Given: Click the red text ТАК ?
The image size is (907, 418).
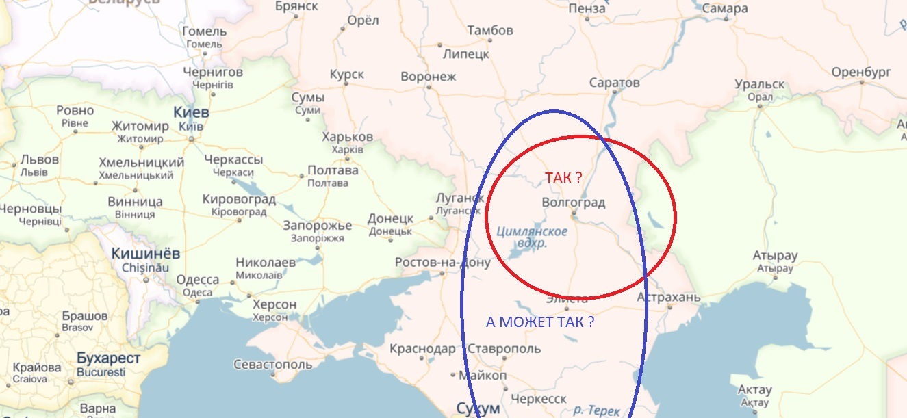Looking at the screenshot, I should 563,178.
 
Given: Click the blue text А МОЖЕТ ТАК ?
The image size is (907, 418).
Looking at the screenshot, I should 539,322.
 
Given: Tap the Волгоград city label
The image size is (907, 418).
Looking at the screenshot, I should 574,203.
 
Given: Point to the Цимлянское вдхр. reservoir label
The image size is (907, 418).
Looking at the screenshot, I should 532,237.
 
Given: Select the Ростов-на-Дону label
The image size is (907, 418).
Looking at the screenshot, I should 443,263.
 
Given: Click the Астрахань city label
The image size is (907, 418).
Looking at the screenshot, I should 669,298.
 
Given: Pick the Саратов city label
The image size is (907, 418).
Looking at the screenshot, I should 615,83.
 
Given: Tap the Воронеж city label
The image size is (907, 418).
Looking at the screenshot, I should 428,77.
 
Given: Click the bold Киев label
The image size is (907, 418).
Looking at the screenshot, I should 192,112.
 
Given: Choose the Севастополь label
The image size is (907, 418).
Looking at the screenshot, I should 273,365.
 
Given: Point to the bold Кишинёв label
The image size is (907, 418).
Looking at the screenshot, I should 146,254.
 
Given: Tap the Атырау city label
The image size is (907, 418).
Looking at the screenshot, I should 776,257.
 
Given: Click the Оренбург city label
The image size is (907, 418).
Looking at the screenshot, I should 861,73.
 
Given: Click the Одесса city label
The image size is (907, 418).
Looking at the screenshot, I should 198,280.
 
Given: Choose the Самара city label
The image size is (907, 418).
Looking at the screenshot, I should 725,9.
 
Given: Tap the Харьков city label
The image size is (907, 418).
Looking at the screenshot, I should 347,137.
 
